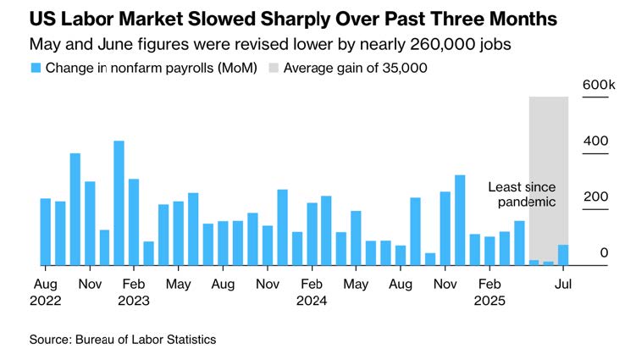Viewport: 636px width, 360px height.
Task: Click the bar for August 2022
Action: (x=46, y=231)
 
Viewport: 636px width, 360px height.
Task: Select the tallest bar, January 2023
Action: (x=119, y=203)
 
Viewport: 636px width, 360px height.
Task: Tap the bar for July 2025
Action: (x=563, y=255)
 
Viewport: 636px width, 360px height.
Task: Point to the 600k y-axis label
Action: (x=598, y=85)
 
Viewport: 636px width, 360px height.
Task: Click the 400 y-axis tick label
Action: (x=597, y=141)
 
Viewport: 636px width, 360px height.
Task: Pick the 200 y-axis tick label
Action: (x=597, y=197)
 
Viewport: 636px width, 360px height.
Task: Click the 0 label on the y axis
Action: (x=604, y=252)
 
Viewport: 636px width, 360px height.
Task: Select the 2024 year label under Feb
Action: (x=312, y=300)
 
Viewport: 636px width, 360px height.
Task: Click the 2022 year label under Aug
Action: (x=46, y=300)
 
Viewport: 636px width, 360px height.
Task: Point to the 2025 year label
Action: (x=489, y=300)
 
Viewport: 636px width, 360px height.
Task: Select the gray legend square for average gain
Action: (x=273, y=67)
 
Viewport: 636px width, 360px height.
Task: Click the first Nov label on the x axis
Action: (x=91, y=284)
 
